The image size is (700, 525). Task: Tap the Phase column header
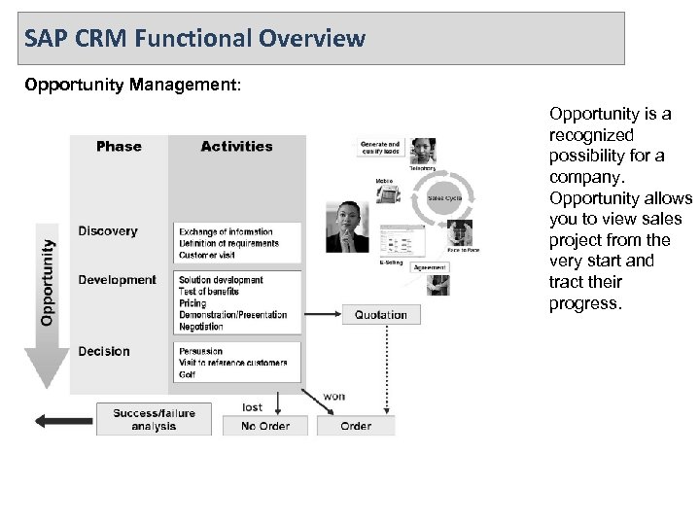tap(119, 147)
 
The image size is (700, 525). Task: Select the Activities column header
tap(236, 147)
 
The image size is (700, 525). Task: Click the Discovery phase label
tap(108, 231)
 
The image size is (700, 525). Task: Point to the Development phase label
tap(117, 280)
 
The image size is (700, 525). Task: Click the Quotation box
tap(381, 315)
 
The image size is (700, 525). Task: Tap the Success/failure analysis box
tap(154, 419)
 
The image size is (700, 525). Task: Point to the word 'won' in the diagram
tap(332, 396)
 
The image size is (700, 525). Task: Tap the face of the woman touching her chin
tap(346, 216)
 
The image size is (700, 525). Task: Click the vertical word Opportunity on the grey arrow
tap(47, 276)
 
